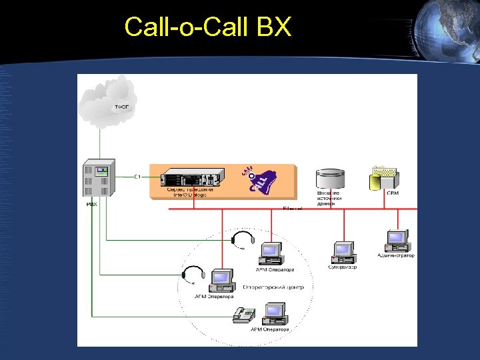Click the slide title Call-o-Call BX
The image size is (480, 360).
[x=207, y=27]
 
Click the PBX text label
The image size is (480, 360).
[x=91, y=204]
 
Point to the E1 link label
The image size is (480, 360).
[x=137, y=177]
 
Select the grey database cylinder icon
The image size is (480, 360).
[x=330, y=179]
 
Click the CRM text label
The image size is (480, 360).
[x=393, y=193]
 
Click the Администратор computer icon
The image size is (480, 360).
[x=397, y=240]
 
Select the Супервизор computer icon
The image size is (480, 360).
[x=343, y=252]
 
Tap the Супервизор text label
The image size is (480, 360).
[x=343, y=267]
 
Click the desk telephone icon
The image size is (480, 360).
[x=245, y=315]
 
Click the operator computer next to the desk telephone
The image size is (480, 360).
[x=274, y=313]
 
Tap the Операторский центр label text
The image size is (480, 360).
[x=273, y=287]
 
